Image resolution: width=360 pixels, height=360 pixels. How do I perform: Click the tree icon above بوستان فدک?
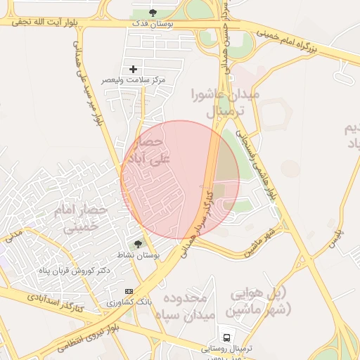click(x=154, y=13)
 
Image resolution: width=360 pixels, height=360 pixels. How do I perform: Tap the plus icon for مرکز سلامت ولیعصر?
click(x=133, y=69)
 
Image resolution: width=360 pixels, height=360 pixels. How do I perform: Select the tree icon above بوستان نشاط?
click(x=138, y=243)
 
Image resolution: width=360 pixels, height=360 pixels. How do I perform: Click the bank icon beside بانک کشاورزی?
click(x=129, y=291)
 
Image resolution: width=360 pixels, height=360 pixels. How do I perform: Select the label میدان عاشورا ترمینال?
click(x=225, y=103)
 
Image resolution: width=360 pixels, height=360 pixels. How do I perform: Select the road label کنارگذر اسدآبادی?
click(x=56, y=302)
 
